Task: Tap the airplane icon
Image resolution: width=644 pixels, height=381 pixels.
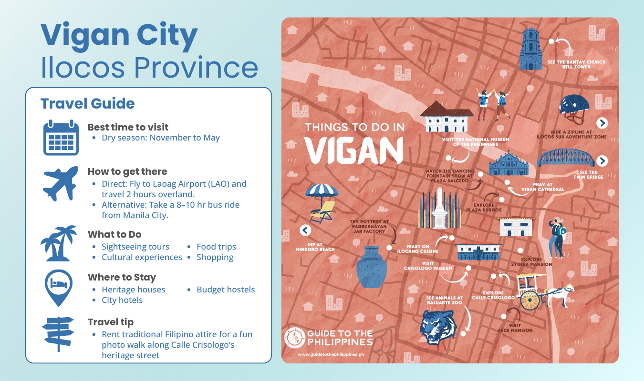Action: (61, 183)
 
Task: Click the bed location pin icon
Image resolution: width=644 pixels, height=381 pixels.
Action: (58, 287)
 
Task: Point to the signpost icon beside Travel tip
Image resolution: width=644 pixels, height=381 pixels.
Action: (58, 333)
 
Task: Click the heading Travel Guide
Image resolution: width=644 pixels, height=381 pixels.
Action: (87, 103)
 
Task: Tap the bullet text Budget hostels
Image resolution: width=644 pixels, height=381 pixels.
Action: (226, 290)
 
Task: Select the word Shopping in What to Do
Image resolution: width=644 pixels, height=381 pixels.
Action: (215, 257)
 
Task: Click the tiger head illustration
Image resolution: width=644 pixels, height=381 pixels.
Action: (437, 327)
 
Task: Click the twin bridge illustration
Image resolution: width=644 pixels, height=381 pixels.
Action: (566, 158)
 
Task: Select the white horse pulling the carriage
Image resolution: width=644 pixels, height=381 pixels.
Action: (561, 294)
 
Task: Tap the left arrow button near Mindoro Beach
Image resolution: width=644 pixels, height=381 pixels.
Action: (305, 231)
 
